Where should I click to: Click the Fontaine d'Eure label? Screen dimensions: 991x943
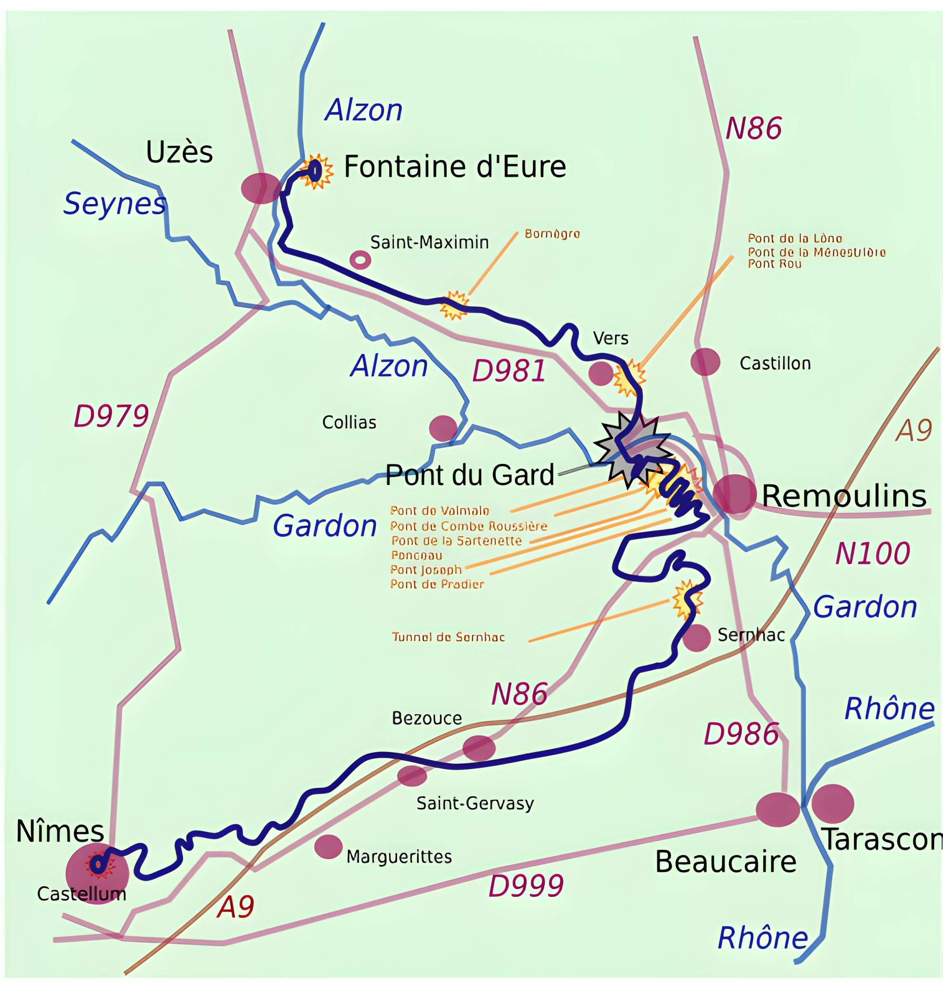455,167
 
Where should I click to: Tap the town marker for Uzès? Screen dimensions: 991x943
260,188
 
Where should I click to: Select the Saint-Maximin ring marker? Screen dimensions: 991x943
360,260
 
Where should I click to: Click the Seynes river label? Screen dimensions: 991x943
115,204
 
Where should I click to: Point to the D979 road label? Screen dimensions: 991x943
111,416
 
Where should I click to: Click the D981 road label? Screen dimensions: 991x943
509,371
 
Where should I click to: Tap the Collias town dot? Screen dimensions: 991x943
443,428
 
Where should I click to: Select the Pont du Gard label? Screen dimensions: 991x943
469,475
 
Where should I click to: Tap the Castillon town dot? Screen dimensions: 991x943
705,362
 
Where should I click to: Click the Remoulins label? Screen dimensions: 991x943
844,496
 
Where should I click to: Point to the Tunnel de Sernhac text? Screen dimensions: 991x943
448,637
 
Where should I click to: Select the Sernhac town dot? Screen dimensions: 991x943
696,638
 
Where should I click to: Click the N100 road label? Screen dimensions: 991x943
872,554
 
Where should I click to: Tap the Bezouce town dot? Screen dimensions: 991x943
479,748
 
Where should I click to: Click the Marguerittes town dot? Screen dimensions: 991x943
328,847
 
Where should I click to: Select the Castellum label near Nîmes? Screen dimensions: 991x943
82,894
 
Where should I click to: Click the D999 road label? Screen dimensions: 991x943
526,885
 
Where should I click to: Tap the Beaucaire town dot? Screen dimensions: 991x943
777,810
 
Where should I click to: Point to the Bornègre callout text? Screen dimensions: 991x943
552,234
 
